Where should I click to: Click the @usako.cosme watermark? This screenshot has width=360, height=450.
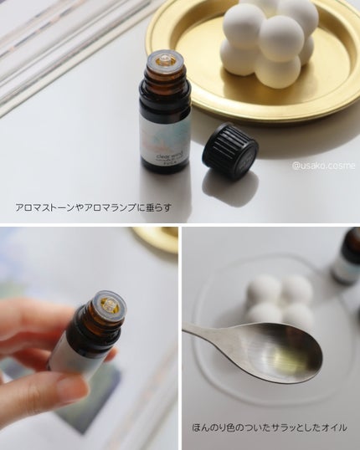tap(323, 166)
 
